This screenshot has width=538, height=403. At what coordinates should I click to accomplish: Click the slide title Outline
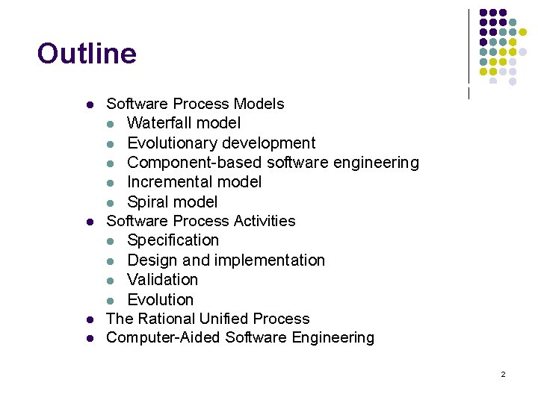(x=87, y=54)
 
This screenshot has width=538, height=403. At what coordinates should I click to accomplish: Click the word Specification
(x=173, y=240)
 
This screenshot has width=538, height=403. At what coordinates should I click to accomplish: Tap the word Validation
(x=163, y=279)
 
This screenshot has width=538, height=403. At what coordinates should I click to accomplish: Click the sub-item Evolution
(x=161, y=299)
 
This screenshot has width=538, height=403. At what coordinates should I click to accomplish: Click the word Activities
(x=265, y=221)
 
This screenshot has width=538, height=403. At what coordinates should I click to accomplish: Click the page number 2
(x=503, y=374)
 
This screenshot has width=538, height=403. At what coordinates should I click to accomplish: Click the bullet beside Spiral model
(x=110, y=202)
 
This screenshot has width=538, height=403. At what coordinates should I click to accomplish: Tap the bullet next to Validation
(x=110, y=280)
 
